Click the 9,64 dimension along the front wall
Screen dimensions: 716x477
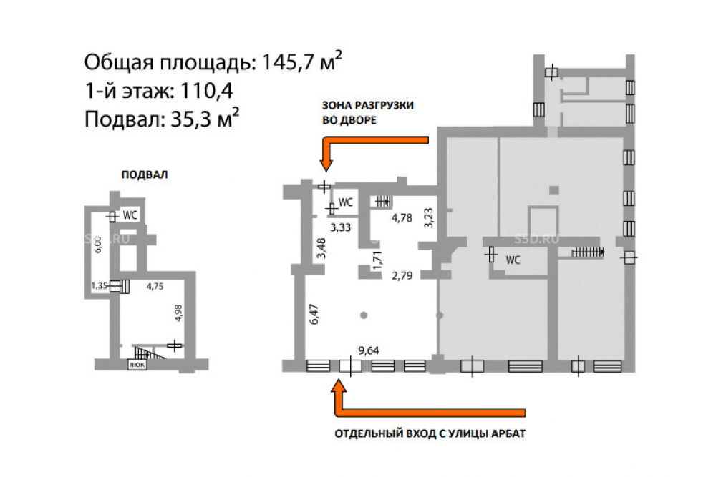[x=369, y=350]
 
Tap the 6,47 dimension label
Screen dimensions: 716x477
[x=314, y=314]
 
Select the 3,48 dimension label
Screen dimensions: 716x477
[x=321, y=248]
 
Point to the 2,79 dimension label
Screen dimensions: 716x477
[x=402, y=275]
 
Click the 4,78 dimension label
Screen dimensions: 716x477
[x=402, y=218]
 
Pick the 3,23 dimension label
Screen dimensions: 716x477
[x=428, y=218]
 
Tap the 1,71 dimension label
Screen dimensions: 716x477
[x=377, y=260]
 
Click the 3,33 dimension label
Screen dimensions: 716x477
[x=341, y=227]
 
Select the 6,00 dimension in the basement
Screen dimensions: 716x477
[x=97, y=245]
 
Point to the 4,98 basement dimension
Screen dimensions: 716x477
[x=178, y=313]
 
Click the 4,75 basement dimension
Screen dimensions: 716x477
[x=155, y=286]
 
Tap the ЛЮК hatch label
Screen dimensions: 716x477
[x=137, y=365]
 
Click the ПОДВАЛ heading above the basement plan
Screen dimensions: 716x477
[x=145, y=174]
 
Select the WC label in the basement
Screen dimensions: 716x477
[x=130, y=215]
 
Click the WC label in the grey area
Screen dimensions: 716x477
[x=513, y=260]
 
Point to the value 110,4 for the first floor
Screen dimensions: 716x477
[x=207, y=91]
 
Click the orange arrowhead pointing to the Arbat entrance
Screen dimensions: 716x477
[x=339, y=386]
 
